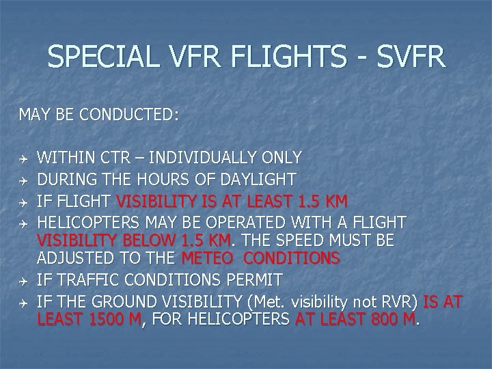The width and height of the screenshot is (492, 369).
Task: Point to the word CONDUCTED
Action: [x=129, y=114]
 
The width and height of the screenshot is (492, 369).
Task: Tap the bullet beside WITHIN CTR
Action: [x=23, y=159]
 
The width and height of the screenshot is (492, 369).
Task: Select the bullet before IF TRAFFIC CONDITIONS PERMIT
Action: [x=23, y=280]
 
